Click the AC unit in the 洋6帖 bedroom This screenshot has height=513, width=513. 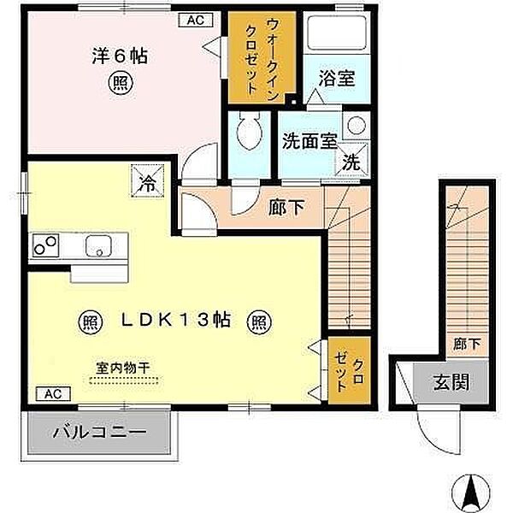pos(196,20)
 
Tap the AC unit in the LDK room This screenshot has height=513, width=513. pos(53,393)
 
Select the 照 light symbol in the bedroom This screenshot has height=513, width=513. pos(121,83)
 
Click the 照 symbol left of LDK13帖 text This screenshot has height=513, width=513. pos(91,322)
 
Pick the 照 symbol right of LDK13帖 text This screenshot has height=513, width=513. pos(259,322)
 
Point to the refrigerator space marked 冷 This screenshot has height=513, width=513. pos(148,180)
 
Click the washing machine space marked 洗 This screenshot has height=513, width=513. pos(351,161)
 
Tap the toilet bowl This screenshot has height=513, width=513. pos(250,131)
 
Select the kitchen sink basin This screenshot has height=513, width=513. pos(98,245)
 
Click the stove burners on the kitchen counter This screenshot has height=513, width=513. pos(45,245)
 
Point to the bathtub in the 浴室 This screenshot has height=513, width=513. pos(337,32)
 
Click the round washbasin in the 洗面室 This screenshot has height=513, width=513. pos(356,125)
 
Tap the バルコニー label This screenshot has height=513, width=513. pos(100,433)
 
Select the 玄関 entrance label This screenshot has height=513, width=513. pos(451,382)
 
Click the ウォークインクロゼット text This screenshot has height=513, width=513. pos(262,57)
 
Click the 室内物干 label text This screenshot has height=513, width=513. pos(123,368)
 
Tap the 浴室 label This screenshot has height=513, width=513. pos(337,79)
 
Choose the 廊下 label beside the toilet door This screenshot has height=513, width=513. pos(286,207)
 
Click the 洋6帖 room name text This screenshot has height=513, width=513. pos(120,56)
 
